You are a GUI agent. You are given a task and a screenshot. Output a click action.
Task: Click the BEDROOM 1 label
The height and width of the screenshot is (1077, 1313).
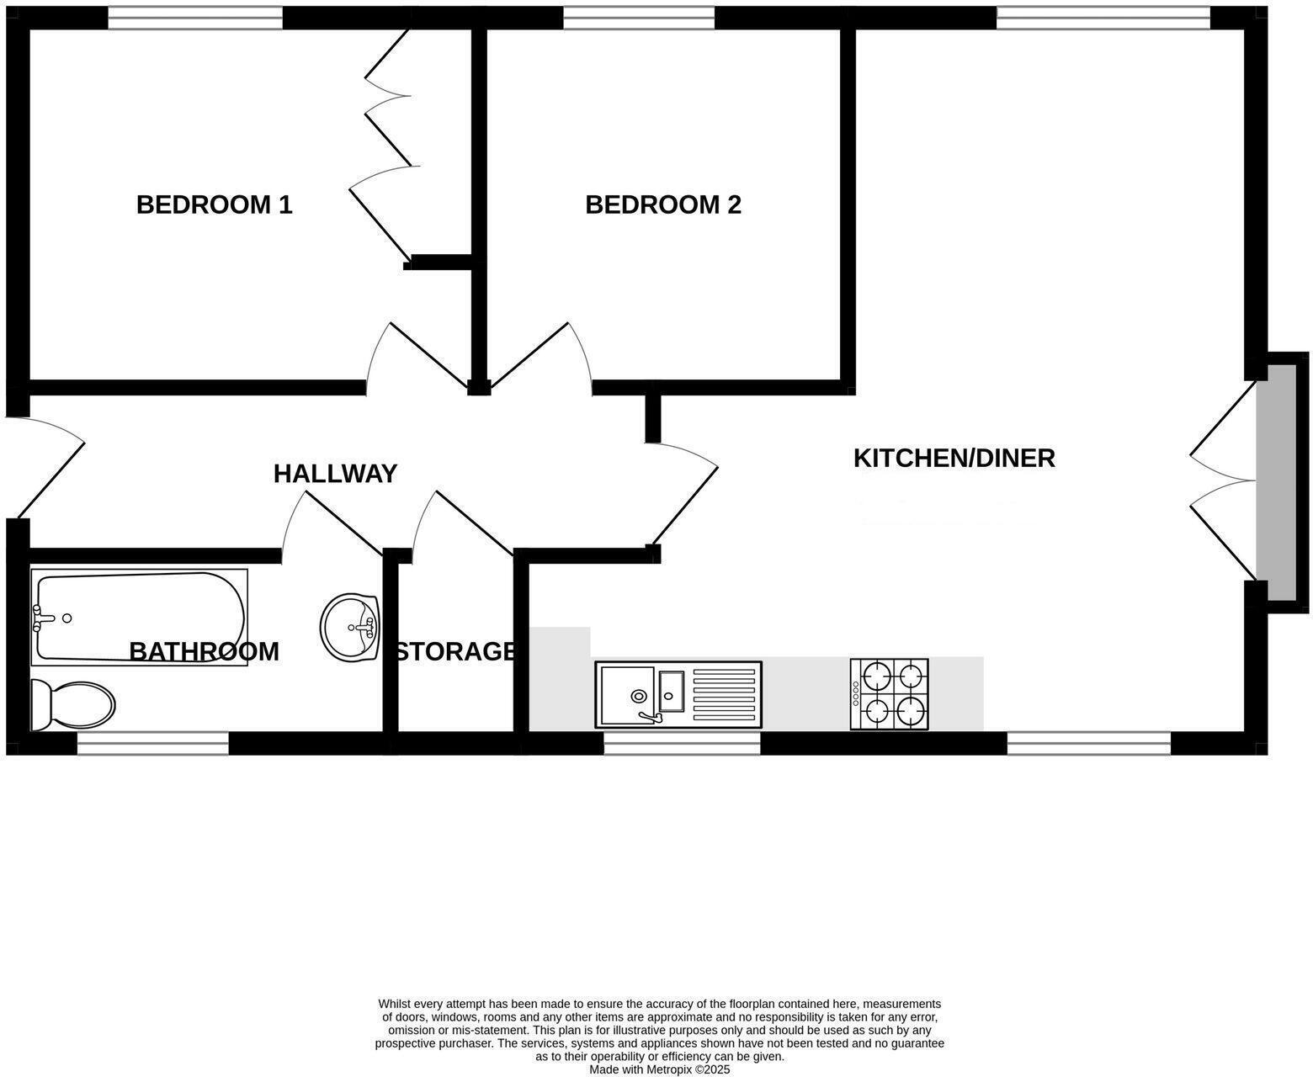pyautogui.click(x=214, y=204)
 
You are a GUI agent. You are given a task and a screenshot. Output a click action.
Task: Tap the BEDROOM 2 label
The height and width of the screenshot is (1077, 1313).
pyautogui.click(x=663, y=204)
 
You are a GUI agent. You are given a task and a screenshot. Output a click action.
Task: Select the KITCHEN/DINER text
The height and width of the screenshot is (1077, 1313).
pyautogui.click(x=954, y=459)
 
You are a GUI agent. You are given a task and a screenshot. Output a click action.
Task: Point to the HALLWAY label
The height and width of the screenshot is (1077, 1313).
pyautogui.click(x=335, y=474)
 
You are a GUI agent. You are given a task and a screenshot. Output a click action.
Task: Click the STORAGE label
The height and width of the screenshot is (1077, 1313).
pyautogui.click(x=455, y=651)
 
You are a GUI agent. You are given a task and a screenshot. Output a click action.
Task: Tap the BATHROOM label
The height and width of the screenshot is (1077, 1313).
pyautogui.click(x=204, y=651)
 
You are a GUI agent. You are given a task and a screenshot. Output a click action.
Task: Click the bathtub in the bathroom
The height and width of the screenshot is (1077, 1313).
pyautogui.click(x=140, y=617)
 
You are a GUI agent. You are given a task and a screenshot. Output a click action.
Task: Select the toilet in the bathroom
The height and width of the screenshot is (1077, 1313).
pyautogui.click(x=72, y=705)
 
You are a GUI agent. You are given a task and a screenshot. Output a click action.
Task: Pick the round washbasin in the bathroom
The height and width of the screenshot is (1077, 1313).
pyautogui.click(x=349, y=626)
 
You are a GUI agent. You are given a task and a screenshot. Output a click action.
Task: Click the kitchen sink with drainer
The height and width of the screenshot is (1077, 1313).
pyautogui.click(x=678, y=694)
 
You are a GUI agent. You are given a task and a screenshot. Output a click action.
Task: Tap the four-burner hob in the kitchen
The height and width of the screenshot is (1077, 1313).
pyautogui.click(x=890, y=694)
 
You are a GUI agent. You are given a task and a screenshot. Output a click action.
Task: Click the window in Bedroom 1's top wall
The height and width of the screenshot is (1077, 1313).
pyautogui.click(x=195, y=18)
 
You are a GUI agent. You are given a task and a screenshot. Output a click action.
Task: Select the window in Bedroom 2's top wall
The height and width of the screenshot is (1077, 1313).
pyautogui.click(x=638, y=18)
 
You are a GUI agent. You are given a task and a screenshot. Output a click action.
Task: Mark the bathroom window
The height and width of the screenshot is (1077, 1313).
pyautogui.click(x=153, y=743)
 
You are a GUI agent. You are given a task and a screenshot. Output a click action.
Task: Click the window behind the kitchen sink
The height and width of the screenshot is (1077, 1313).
pyautogui.click(x=682, y=743)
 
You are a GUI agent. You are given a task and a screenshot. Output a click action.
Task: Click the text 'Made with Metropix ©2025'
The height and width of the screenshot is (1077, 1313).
pyautogui.click(x=659, y=1070)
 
